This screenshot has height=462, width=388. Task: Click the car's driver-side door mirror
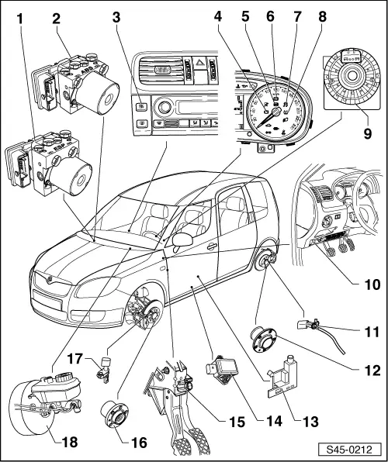pyautogui.click(x=185, y=240)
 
